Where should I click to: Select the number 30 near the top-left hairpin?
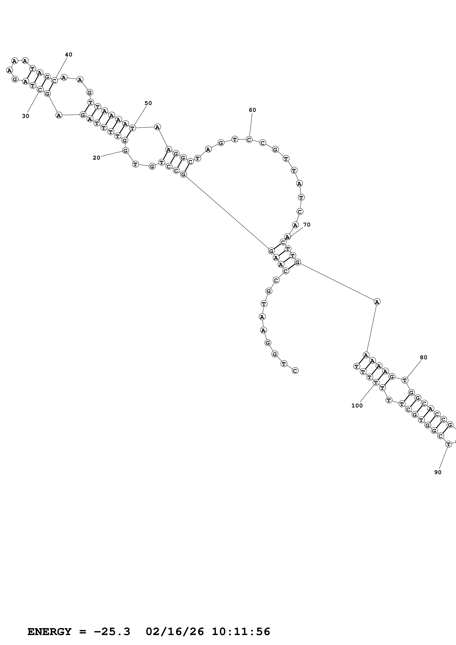click(26, 116)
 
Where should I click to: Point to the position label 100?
click(357, 406)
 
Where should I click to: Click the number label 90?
click(438, 473)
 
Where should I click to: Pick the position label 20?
click(96, 158)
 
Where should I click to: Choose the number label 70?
click(307, 225)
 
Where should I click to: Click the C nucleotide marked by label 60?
click(249, 139)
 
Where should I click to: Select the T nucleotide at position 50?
click(132, 128)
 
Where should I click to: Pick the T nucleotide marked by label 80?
click(404, 380)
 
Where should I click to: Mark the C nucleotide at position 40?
click(54, 81)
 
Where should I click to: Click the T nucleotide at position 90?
click(448, 444)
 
